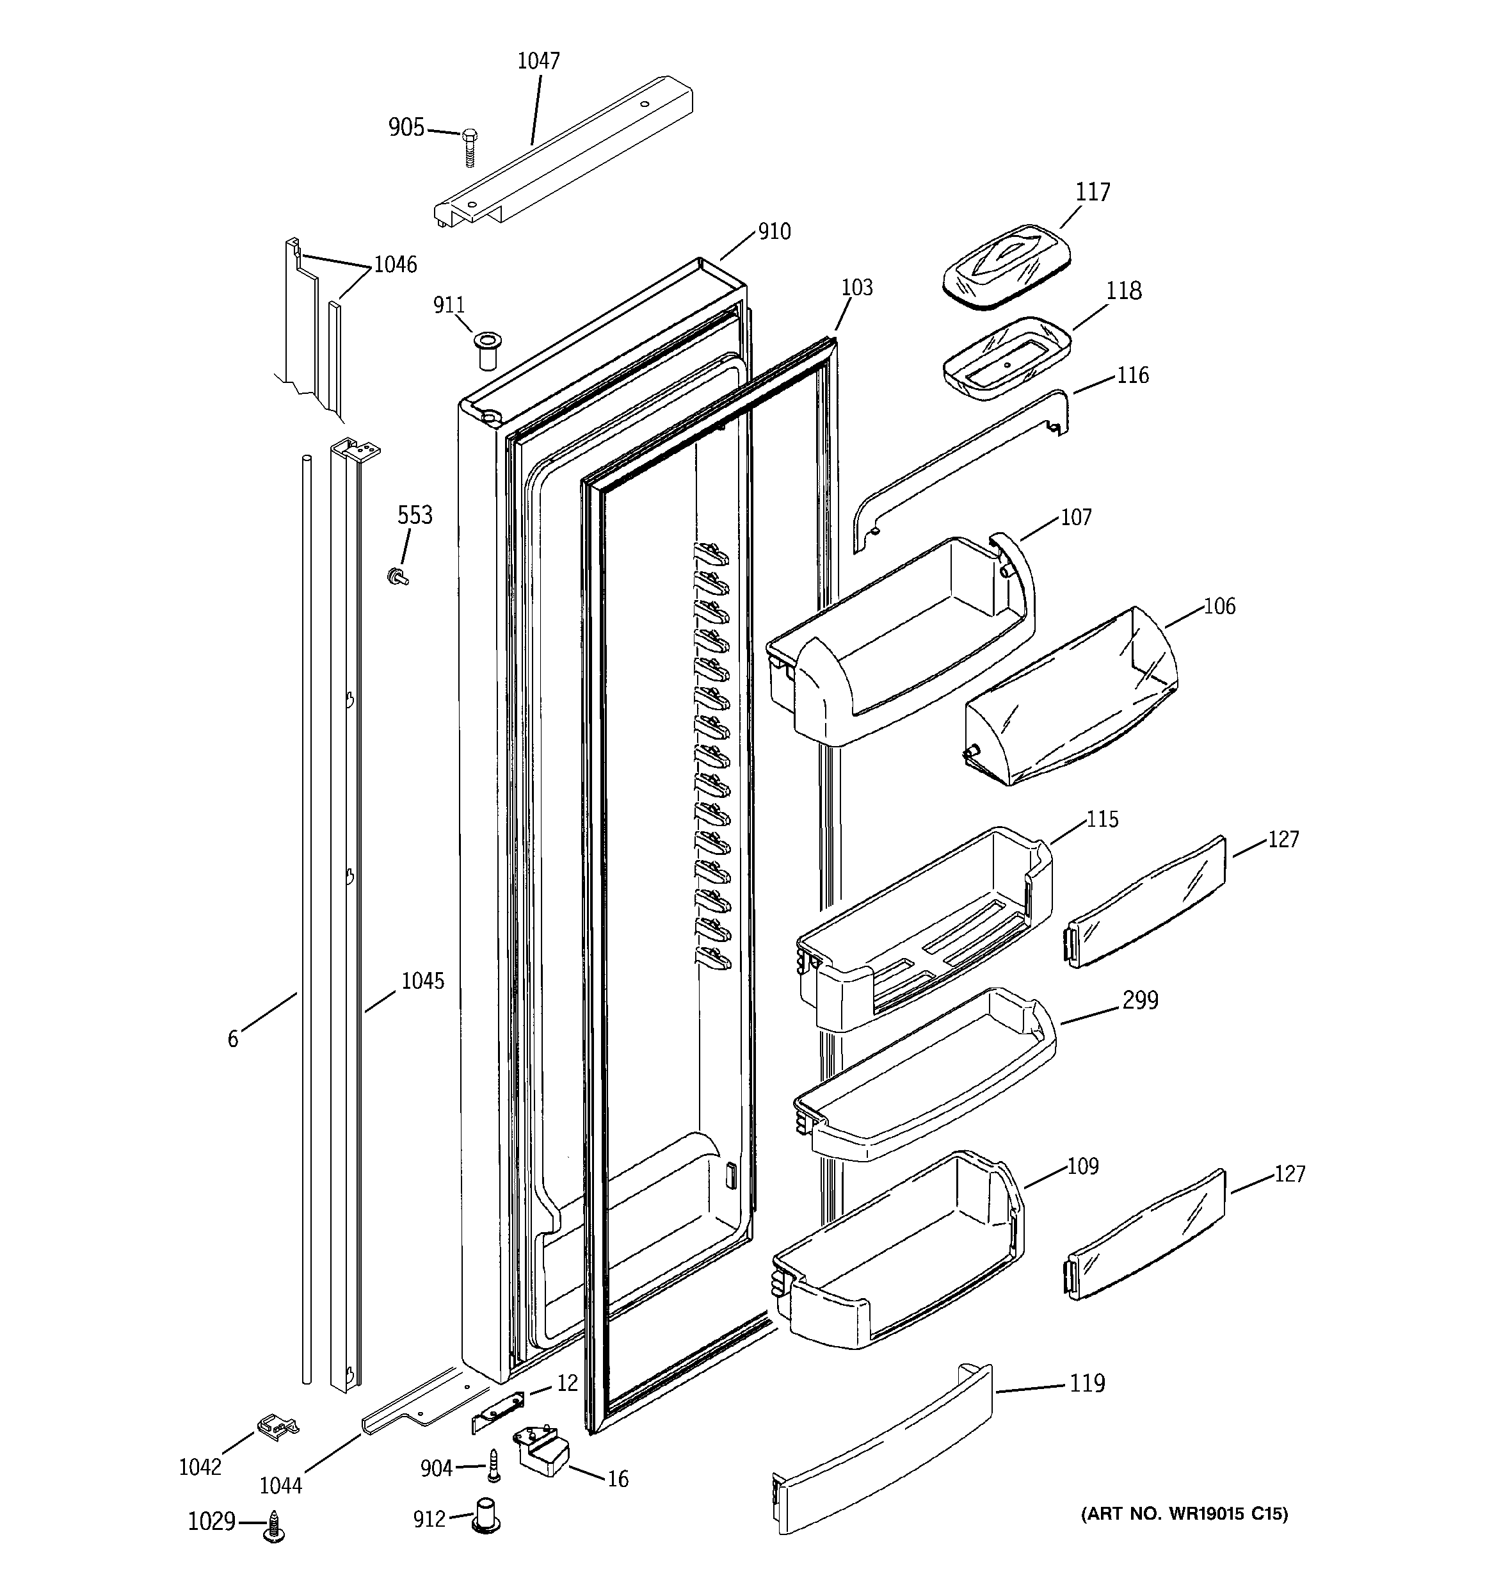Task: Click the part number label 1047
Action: tap(539, 61)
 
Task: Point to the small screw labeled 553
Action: tap(396, 576)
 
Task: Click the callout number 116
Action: tap(1133, 375)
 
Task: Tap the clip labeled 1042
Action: tap(276, 1428)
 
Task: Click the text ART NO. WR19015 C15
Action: tap(1184, 1513)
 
